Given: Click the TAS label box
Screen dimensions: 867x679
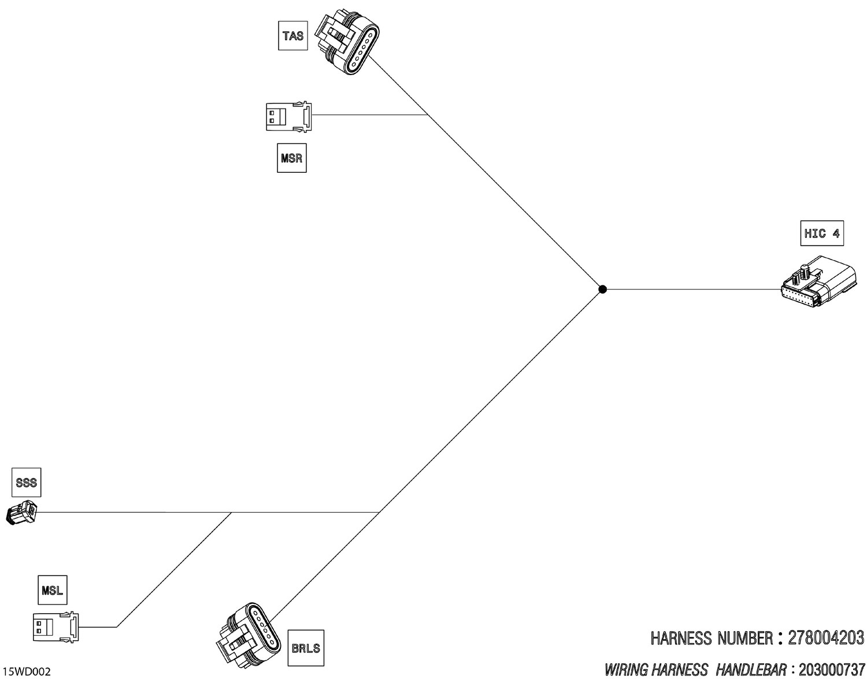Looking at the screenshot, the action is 293,36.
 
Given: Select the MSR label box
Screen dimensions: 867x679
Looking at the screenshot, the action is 292,158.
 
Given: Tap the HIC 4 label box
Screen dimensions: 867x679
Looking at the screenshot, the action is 822,233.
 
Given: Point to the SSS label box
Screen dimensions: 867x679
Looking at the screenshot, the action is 27,483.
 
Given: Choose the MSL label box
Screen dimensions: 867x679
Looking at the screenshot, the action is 52,590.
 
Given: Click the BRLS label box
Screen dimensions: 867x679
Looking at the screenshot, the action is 306,648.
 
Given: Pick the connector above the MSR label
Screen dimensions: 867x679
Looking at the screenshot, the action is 289,116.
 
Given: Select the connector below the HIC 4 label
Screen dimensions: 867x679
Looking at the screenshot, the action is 818,282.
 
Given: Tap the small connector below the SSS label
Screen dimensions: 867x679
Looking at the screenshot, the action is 21,513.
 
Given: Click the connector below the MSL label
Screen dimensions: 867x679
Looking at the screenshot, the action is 55,627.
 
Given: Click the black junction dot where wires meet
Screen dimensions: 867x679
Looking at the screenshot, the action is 602,289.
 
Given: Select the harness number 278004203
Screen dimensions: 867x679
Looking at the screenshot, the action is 825,638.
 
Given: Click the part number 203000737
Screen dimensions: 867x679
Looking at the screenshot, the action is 832,669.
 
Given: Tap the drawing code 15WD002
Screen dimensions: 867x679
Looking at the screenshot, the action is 27,672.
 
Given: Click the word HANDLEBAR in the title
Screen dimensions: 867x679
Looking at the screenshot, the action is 750,669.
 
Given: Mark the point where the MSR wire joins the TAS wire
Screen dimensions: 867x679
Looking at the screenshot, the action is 428,115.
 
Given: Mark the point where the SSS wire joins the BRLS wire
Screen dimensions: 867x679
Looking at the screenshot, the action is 379,513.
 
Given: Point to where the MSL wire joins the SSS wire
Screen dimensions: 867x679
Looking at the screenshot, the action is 231,513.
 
